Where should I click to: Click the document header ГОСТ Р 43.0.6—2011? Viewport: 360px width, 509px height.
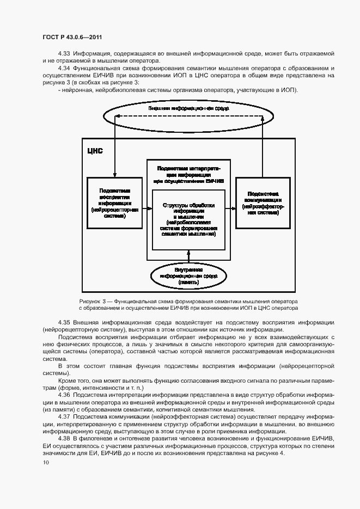tap(72, 36)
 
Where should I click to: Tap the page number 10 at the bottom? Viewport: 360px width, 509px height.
tap(45, 462)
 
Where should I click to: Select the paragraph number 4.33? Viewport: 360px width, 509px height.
tap(64, 53)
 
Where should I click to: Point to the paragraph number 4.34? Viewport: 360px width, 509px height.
tap(64, 68)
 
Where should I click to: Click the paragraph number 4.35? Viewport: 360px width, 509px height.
tap(64, 322)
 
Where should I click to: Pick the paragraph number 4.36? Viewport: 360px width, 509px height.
tap(64, 394)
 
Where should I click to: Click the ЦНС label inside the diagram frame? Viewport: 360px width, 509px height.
tap(95, 150)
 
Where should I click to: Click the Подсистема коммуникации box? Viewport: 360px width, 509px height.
tap(263, 203)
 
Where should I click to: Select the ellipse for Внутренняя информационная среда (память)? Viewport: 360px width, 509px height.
tap(188, 277)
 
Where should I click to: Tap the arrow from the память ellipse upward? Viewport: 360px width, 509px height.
tap(188, 256)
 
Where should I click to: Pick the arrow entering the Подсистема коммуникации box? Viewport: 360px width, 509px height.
tap(230, 207)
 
